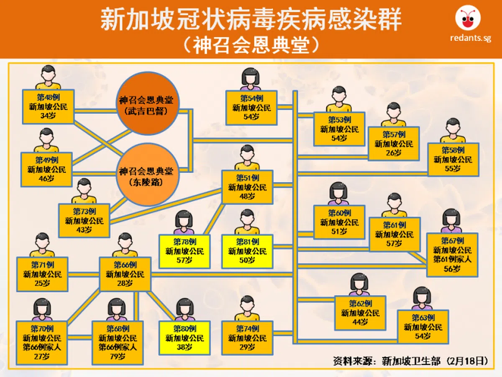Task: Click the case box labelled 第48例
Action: click(48, 106)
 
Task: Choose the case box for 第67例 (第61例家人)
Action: click(452, 255)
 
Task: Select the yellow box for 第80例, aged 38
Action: click(184, 338)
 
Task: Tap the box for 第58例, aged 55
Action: click(453, 159)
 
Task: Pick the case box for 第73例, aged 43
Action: click(84, 220)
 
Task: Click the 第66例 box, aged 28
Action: click(125, 274)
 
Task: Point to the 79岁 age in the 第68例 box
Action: click(118, 356)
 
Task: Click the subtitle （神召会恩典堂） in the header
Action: click(251, 44)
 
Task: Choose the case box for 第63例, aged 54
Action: click(423, 327)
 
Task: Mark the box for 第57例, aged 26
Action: click(394, 144)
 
